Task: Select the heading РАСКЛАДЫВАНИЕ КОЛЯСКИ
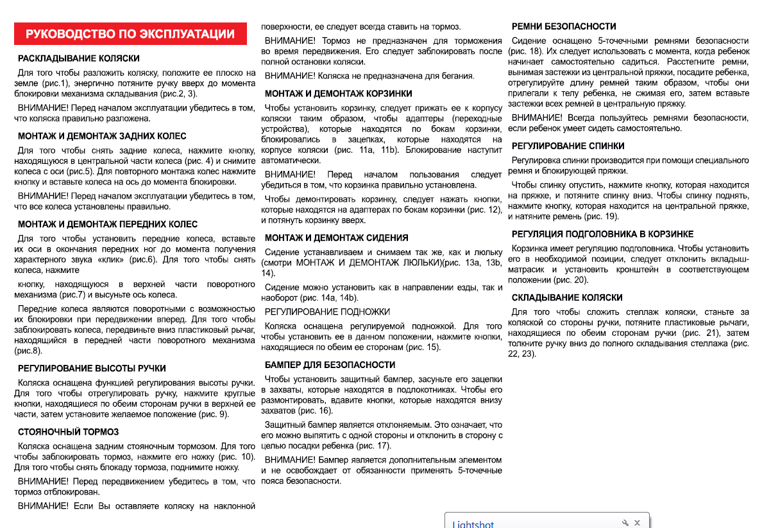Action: coord(79,58)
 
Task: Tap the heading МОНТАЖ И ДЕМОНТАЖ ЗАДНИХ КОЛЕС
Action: coord(102,136)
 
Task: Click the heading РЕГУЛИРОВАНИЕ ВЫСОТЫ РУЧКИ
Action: coord(92,369)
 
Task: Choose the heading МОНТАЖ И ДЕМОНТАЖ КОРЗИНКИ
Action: coord(339,94)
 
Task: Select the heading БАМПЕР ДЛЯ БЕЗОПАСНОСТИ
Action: coord(330,365)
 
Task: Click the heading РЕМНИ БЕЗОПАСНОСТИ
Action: coord(564,26)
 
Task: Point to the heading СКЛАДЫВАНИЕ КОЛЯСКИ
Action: coord(567,298)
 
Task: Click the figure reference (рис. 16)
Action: coord(316,410)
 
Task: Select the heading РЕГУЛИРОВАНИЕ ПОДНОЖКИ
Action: coord(327,312)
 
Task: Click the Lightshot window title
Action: coord(473,524)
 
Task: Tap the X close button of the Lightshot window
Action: coord(637,523)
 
